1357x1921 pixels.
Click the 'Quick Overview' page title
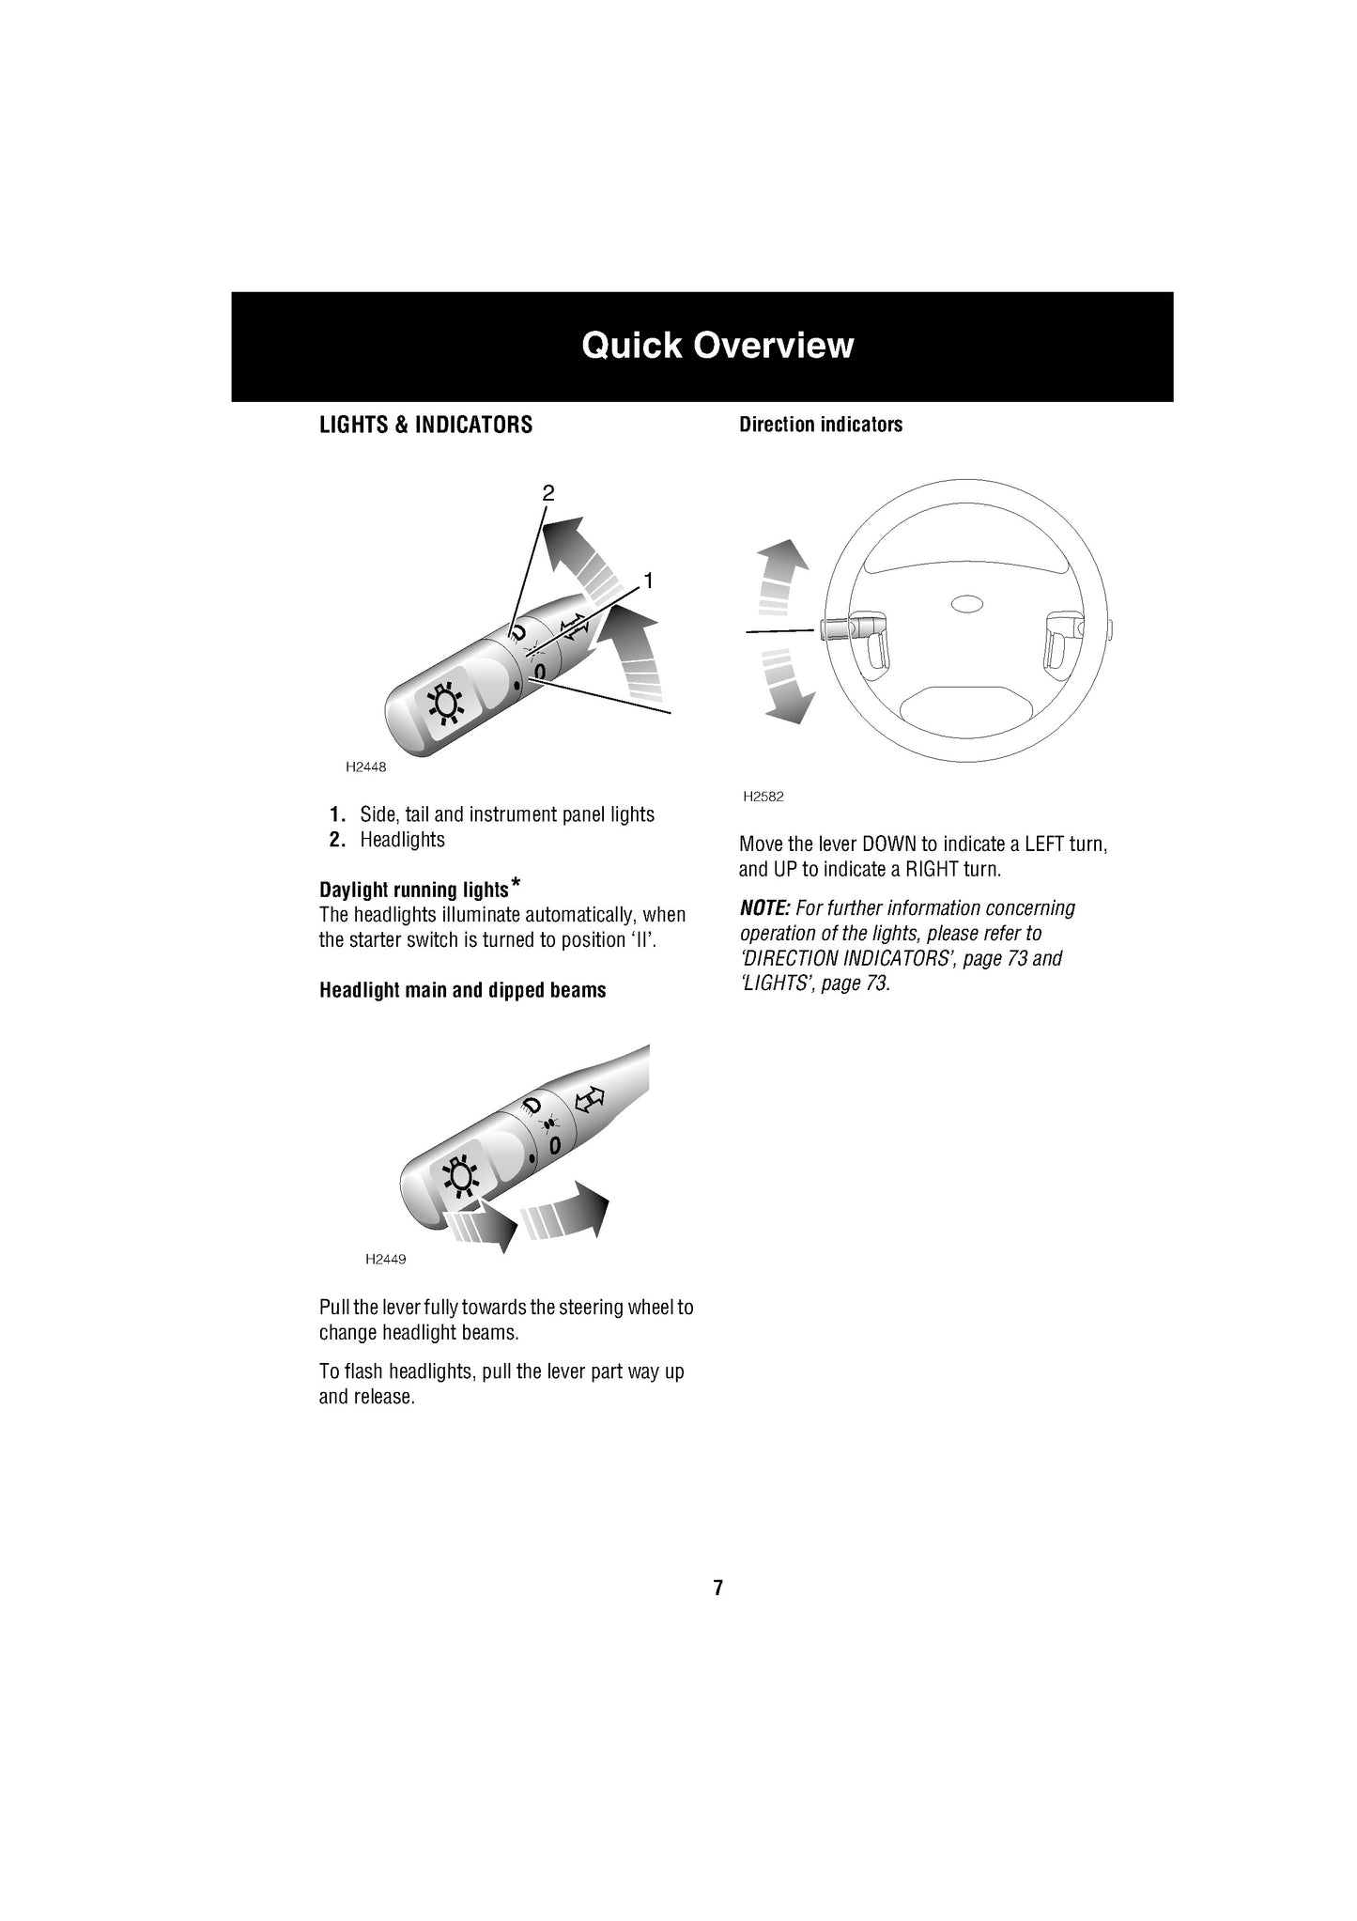coord(717,346)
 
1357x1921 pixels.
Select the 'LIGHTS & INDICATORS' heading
coord(425,425)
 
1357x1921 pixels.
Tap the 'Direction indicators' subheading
coord(820,425)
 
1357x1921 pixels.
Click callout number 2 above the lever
coord(548,492)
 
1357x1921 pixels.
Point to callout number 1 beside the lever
coord(647,581)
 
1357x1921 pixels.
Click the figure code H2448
coord(365,767)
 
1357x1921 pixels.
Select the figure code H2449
coord(385,1259)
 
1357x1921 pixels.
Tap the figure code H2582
coord(763,797)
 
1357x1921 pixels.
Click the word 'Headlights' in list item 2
coord(402,840)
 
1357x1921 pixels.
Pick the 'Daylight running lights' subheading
coord(413,890)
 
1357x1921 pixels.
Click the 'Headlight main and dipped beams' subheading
coord(462,990)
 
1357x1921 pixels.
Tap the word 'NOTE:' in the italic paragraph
coord(764,908)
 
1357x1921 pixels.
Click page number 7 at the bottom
coord(717,1588)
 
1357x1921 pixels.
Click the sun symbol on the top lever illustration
coord(444,706)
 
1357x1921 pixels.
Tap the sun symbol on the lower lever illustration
coord(457,1176)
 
